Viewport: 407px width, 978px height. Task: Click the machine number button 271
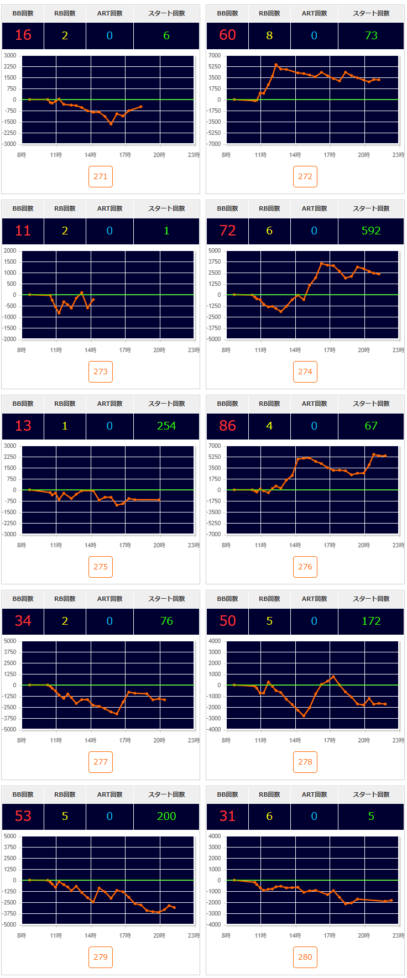tap(101, 176)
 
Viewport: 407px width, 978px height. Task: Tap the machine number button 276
tap(305, 567)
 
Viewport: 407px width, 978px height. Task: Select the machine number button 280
tap(305, 957)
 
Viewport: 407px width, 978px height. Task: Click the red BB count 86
tap(228, 426)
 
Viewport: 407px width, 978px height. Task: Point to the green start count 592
tap(371, 231)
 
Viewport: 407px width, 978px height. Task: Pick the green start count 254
tap(166, 426)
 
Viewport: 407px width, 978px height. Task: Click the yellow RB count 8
tap(269, 35)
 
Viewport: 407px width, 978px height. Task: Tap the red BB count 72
tap(228, 231)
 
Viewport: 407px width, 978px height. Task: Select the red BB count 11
tap(23, 231)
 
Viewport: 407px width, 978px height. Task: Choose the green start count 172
tap(371, 621)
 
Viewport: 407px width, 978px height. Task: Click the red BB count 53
tap(23, 816)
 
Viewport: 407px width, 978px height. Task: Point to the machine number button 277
tap(101, 762)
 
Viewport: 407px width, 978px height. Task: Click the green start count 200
tap(166, 816)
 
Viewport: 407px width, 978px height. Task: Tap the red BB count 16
tap(23, 35)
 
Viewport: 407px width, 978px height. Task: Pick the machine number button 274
tap(305, 372)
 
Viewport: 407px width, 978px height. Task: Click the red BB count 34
tap(23, 621)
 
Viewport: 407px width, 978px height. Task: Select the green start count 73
tap(371, 35)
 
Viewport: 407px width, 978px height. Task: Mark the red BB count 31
tap(228, 816)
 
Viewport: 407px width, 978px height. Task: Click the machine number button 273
tap(101, 372)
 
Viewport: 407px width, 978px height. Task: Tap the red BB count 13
tap(23, 426)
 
